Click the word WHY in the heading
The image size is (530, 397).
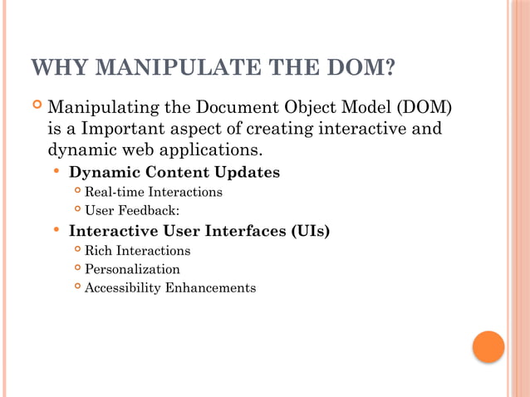coord(56,67)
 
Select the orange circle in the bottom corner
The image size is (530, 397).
coord(488,346)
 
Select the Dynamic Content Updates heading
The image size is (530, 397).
coord(174,173)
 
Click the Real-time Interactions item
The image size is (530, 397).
coord(153,192)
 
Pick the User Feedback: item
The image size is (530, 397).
coord(131,210)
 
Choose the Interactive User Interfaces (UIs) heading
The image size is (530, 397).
coord(199,231)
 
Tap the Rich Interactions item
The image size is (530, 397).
coord(137,250)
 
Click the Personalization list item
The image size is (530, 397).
coord(131,269)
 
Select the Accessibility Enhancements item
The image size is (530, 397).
coord(169,288)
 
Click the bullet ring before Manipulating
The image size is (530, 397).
coord(37,106)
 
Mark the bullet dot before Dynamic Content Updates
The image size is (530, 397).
coord(56,172)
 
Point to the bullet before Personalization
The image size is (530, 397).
coord(76,267)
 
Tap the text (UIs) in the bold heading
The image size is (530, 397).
coord(310,231)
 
